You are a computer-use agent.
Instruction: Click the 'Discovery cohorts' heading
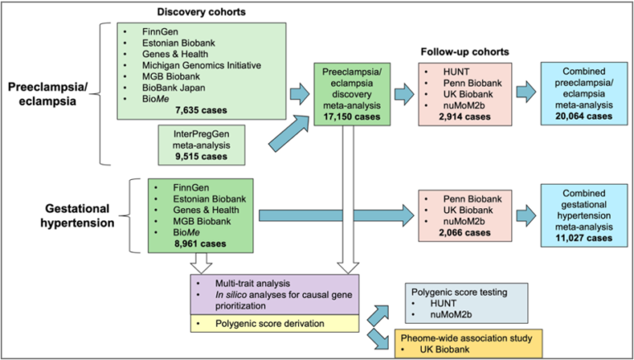201,12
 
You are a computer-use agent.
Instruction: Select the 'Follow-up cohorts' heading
465,52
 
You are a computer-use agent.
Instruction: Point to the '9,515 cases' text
201,156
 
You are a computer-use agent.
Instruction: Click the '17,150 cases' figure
352,116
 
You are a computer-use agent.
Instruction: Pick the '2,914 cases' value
465,116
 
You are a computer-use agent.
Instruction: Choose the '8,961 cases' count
201,244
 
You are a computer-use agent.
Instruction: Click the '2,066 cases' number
465,233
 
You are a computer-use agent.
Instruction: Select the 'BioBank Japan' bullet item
173,88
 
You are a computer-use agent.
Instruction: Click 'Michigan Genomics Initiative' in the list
201,64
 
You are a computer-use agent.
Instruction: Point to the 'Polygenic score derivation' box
275,324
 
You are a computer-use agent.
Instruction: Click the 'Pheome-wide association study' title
466,338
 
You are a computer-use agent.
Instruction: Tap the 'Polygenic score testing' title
459,291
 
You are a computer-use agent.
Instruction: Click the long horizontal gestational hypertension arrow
337,216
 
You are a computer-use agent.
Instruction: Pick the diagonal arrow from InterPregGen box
290,133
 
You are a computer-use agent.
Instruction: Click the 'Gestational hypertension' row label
78,216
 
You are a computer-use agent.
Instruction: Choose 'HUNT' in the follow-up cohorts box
457,72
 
